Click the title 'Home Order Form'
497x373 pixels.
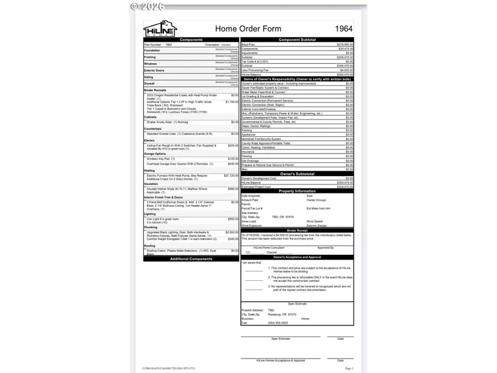(248, 29)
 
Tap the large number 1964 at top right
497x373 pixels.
(344, 29)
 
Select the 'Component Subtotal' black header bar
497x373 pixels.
(297, 40)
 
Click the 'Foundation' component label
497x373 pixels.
(152, 51)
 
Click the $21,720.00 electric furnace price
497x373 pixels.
(231, 175)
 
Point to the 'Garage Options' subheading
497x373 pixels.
(155, 154)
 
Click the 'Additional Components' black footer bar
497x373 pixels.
(191, 259)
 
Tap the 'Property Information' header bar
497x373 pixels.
(297, 191)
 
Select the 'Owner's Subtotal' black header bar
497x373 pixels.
(297, 174)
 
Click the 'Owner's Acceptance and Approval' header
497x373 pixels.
(297, 257)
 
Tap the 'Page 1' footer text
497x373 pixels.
(349, 368)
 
